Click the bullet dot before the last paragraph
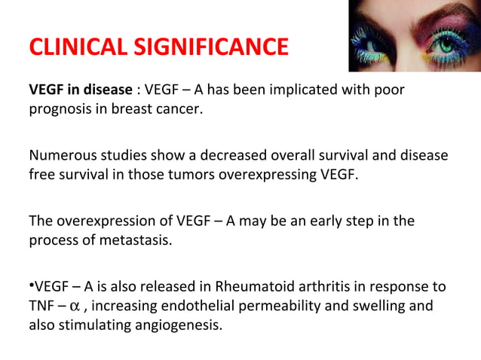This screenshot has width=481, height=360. pos(31,285)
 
